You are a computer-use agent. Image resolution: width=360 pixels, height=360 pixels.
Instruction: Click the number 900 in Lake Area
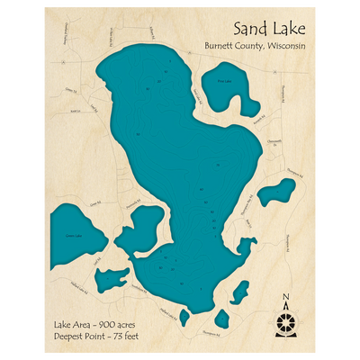pyautogui.click(x=106, y=322)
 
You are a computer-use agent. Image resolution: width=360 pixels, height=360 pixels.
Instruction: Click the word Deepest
pyautogui.click(x=69, y=335)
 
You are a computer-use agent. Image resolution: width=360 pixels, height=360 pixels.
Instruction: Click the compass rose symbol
pyautogui.click(x=286, y=320)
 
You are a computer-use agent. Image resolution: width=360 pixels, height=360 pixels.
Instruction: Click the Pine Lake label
pyautogui.click(x=224, y=83)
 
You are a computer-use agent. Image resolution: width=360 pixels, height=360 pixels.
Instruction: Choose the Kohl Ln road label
pyautogui.click(x=75, y=112)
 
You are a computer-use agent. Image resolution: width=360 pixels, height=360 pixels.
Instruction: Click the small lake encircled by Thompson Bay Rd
pyautogui.click(x=271, y=194)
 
